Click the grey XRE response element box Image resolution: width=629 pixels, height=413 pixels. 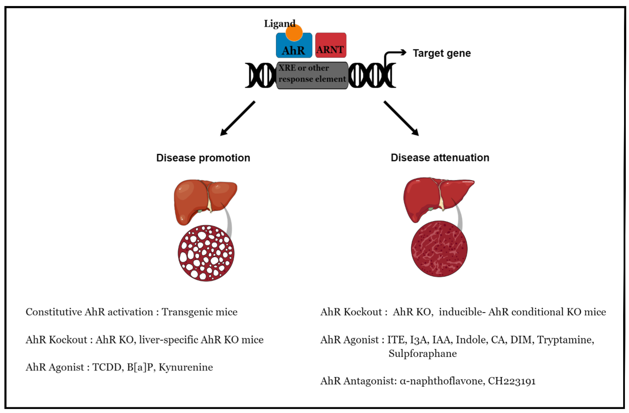312,75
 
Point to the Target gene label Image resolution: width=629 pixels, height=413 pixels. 442,53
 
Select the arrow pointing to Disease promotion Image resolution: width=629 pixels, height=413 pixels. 237,118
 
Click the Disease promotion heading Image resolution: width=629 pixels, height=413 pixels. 203,158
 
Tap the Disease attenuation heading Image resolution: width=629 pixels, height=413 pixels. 440,157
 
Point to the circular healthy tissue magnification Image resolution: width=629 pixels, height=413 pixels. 439,249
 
